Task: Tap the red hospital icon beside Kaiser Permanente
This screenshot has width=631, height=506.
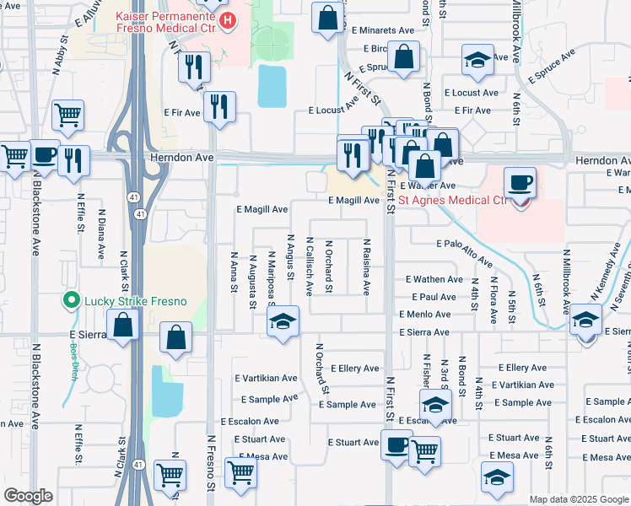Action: point(225,19)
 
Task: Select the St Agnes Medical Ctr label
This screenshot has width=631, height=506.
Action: point(454,201)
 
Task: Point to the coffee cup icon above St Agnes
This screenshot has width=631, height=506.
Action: point(520,182)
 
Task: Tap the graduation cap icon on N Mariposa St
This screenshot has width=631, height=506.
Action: point(283,321)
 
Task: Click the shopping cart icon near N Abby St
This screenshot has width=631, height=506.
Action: point(67,114)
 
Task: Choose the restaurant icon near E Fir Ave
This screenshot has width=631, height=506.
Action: point(219,105)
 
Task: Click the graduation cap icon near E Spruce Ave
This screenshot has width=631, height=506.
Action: point(477,62)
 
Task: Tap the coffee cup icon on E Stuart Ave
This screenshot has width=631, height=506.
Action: point(396,445)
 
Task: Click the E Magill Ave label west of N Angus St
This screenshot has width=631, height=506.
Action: point(262,208)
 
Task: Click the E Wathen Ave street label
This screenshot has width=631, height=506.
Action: point(434,279)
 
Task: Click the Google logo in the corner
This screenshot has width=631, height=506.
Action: point(29,497)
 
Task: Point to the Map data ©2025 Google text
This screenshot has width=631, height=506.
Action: point(578,499)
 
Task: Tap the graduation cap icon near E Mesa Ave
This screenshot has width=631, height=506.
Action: point(497,476)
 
